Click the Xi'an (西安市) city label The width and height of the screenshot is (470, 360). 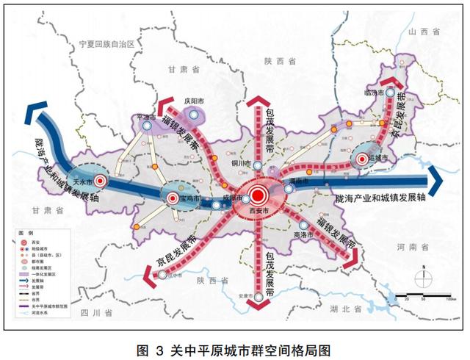tap(258, 212)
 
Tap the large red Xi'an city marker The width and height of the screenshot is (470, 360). tap(257, 195)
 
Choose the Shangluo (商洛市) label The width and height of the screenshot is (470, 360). tap(301, 235)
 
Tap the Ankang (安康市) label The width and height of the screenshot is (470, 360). tap(252, 297)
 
